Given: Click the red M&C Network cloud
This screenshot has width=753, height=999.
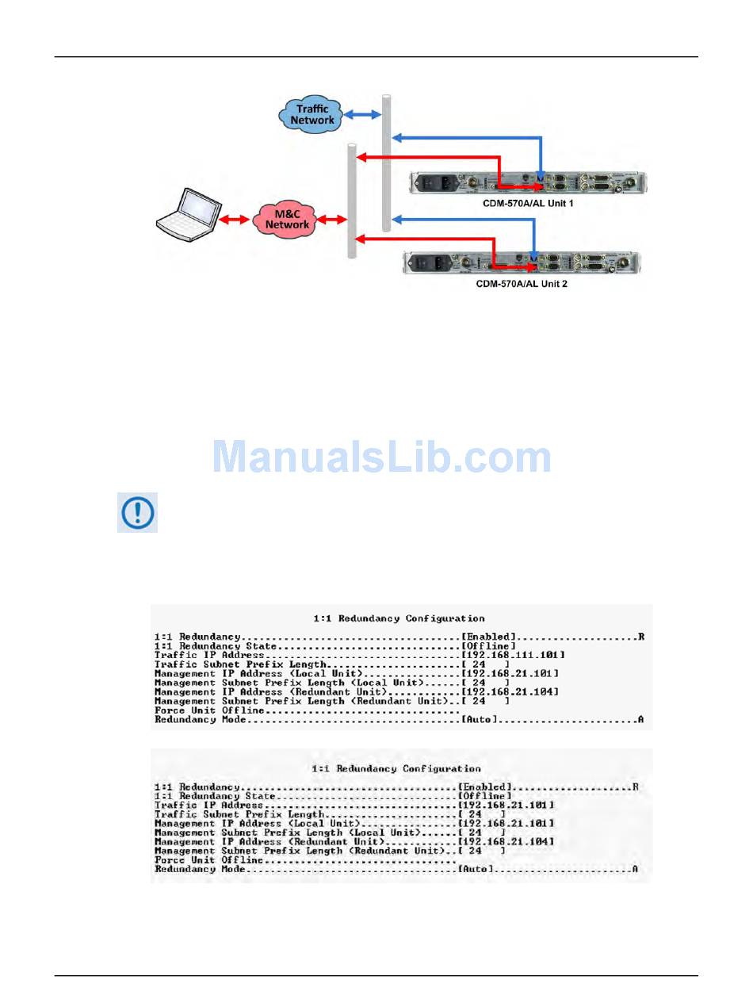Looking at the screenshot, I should coord(287,219).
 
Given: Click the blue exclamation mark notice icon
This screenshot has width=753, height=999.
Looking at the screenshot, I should coord(137,512).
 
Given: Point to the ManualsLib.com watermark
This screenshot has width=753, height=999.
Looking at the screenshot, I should coord(382,457).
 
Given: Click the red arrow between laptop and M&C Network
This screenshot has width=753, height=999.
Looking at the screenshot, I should coord(234,219).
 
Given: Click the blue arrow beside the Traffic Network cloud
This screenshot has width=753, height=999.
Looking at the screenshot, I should coord(361,115).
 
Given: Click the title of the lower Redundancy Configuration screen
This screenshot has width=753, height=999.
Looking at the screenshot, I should coord(396,769).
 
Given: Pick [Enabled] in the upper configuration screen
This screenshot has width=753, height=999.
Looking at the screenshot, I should coord(489,637).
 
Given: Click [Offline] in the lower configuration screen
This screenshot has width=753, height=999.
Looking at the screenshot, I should coord(484,796).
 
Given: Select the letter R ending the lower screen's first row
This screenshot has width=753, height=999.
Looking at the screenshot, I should coord(635,787).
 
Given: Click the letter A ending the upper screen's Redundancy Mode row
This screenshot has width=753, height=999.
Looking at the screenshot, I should coord(640,720).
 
